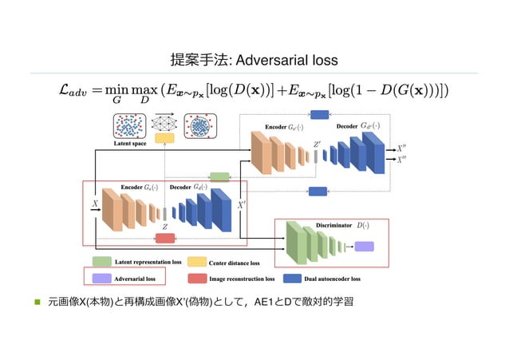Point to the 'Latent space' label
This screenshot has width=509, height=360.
[128, 144]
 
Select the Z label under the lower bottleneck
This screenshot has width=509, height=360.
[165, 227]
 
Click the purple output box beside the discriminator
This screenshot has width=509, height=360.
[364, 246]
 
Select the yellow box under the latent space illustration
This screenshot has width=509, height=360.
[165, 138]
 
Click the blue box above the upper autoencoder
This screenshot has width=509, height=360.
[319, 115]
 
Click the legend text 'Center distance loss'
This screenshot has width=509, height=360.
[234, 262]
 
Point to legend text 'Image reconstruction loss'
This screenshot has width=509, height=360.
[242, 279]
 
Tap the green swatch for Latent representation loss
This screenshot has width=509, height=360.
[101, 261]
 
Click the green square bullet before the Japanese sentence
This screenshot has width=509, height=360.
[36, 303]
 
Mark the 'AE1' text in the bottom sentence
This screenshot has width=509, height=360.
[265, 303]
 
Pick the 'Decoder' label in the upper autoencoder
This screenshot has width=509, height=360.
[347, 126]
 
